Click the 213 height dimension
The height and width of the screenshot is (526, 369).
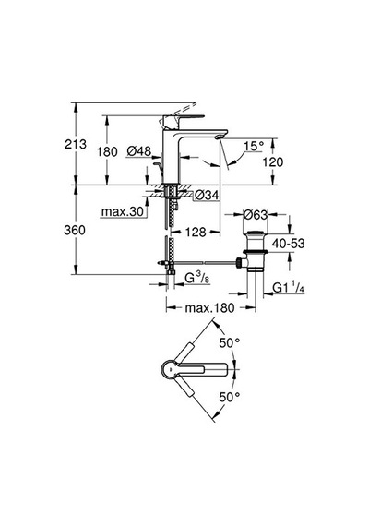[x=76, y=144]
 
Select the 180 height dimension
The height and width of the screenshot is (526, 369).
[x=107, y=151]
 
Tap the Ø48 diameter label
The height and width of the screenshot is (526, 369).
[x=139, y=151]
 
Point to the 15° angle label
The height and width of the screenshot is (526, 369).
[x=254, y=146]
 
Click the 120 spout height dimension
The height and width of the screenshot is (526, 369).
[x=273, y=162]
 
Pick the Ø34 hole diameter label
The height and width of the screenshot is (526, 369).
[x=207, y=195]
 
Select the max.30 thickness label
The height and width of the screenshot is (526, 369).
[x=123, y=211]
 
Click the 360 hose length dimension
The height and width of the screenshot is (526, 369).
[x=75, y=230]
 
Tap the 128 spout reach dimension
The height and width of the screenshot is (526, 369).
[x=196, y=232]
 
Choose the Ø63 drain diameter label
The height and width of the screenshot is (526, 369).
[x=256, y=215]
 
